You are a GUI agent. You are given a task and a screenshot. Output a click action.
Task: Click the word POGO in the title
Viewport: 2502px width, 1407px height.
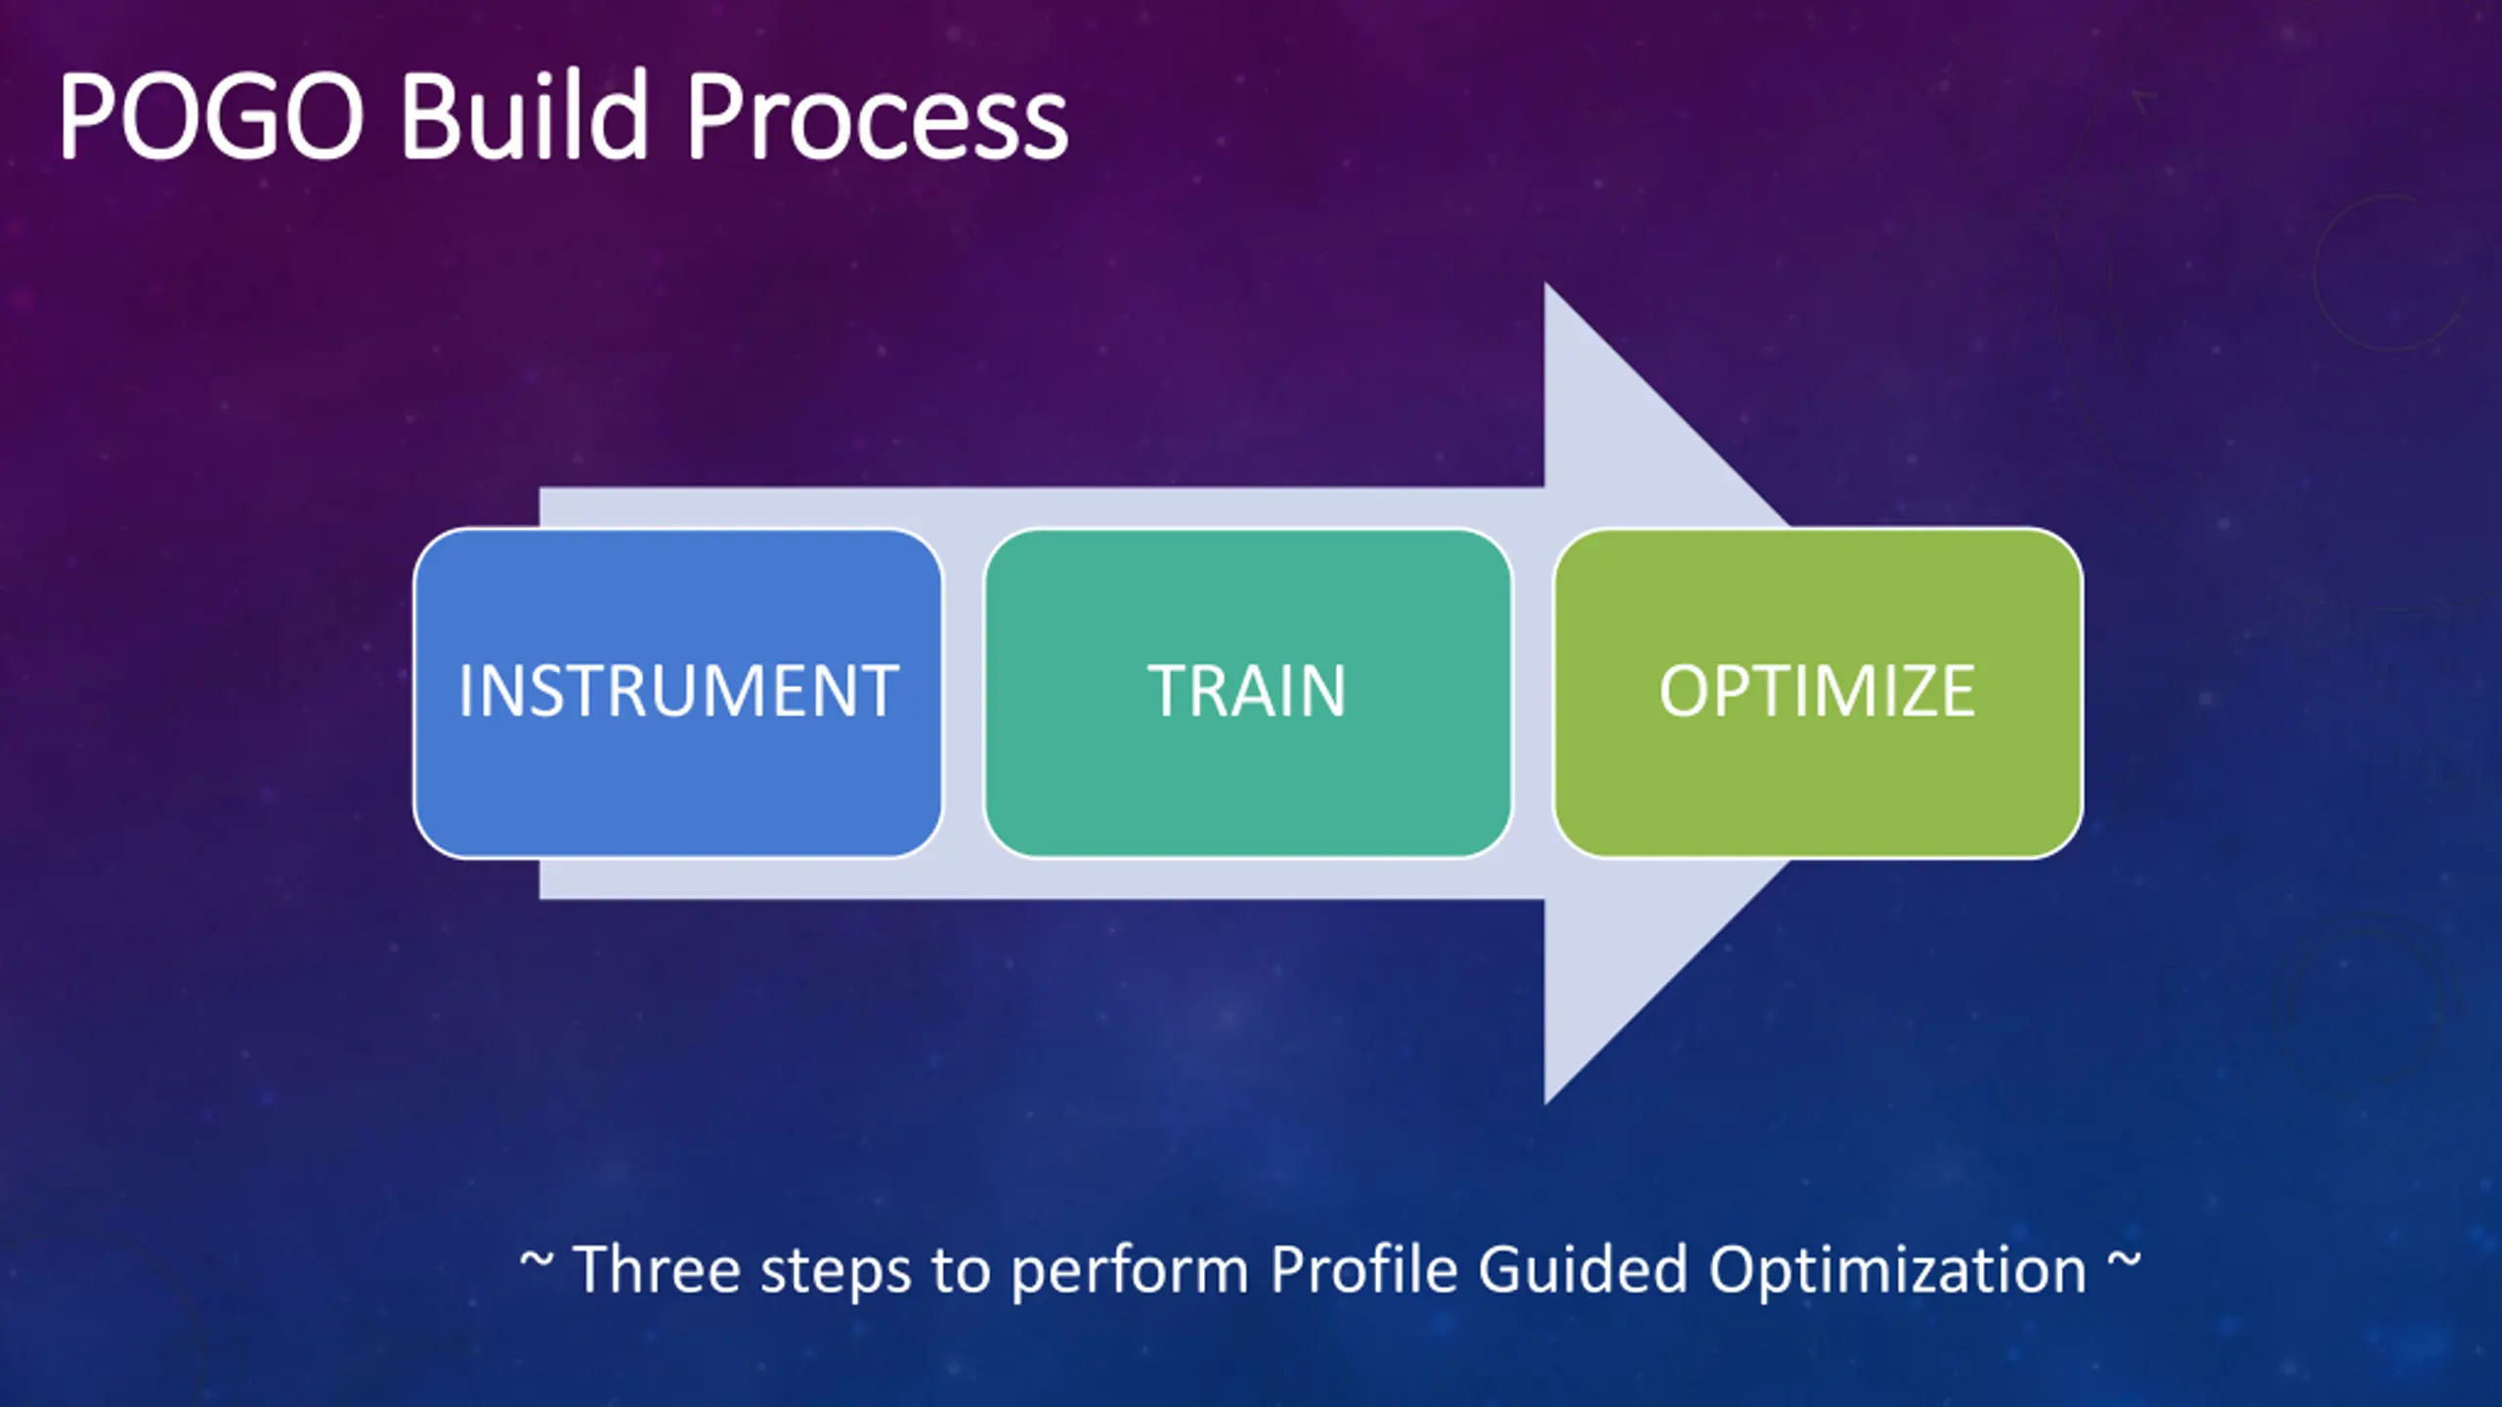pyautogui.click(x=211, y=116)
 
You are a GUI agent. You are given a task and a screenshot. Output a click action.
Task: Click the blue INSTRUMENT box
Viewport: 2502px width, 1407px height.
pyautogui.click(x=677, y=693)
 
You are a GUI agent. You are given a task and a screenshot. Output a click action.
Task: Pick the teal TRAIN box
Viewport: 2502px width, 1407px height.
pyautogui.click(x=1248, y=693)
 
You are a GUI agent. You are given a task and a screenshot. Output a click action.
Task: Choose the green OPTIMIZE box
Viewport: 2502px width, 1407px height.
pyautogui.click(x=1818, y=693)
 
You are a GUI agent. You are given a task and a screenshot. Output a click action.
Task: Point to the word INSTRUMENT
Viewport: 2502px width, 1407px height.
pyautogui.click(x=678, y=691)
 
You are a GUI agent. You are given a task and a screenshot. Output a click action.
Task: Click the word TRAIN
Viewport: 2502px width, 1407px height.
pyautogui.click(x=1247, y=691)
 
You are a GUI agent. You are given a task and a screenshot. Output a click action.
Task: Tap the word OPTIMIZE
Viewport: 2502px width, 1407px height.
pyautogui.click(x=1817, y=691)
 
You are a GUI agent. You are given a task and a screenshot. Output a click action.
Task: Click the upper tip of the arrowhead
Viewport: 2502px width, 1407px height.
pyautogui.click(x=1545, y=283)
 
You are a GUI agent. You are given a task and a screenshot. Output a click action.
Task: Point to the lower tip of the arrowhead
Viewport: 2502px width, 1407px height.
pyautogui.click(x=1545, y=1104)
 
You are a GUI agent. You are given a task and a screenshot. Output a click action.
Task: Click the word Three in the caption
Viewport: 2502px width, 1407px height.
pyautogui.click(x=657, y=1269)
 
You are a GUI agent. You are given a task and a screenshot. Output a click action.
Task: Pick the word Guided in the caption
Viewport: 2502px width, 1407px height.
pyautogui.click(x=1582, y=1269)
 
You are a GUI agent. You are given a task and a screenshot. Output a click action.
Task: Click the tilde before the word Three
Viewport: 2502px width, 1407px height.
pyautogui.click(x=536, y=1259)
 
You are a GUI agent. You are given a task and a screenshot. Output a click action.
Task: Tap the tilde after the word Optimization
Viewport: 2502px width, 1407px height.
pyautogui.click(x=2123, y=1259)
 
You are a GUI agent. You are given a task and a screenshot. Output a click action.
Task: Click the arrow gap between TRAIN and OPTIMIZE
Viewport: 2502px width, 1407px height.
pyautogui.click(x=1533, y=693)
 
